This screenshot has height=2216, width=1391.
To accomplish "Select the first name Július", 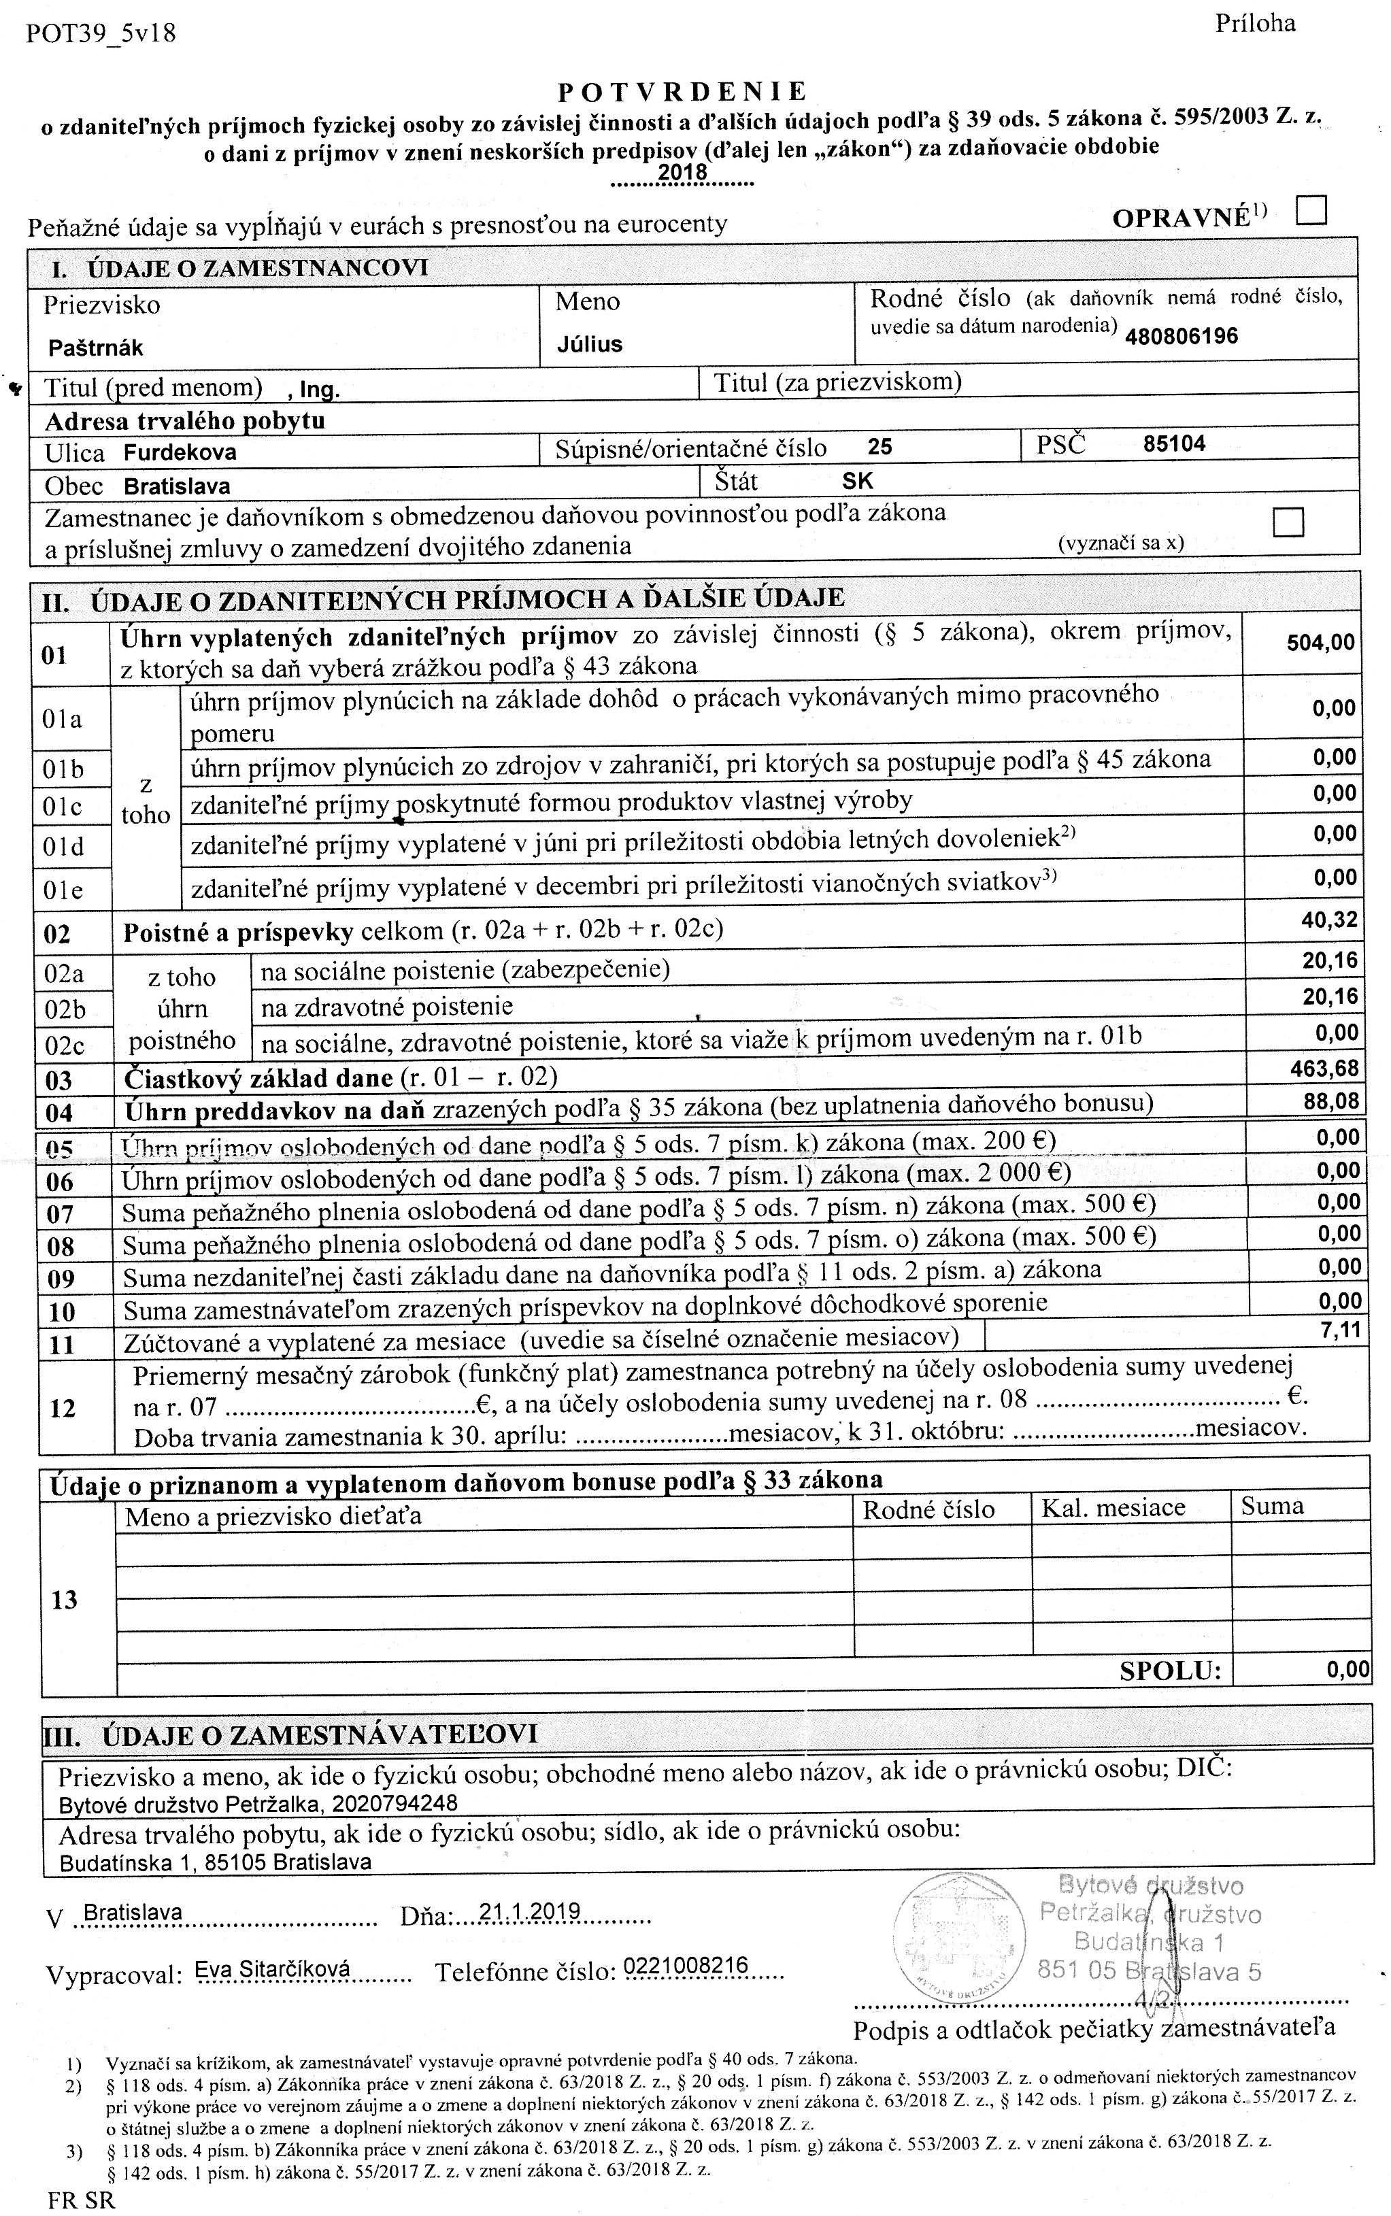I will [x=590, y=345].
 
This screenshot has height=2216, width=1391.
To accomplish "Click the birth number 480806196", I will [x=1181, y=336].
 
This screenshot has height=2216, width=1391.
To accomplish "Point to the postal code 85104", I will [x=1174, y=444].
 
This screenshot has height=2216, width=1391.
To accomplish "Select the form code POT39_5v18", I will [x=101, y=34].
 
